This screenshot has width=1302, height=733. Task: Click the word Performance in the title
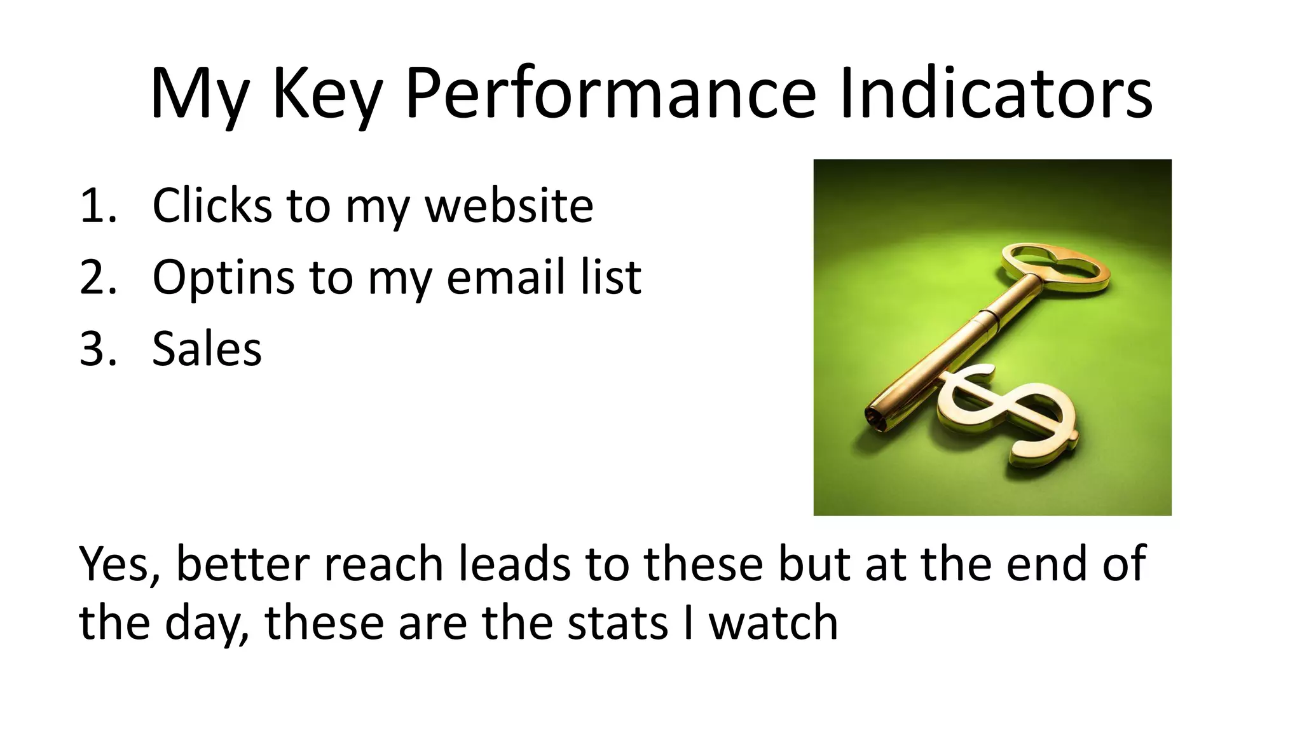coord(610,94)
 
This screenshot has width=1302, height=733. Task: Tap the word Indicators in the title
coord(996,94)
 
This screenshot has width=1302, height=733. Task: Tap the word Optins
coord(223,279)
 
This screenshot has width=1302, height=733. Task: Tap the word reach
coord(383,564)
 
